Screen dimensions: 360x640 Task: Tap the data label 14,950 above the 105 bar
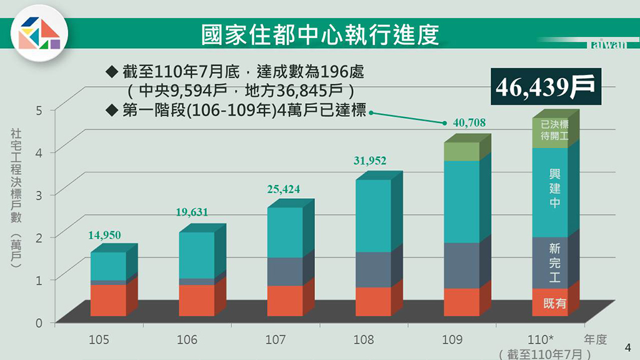pyautogui.click(x=104, y=235)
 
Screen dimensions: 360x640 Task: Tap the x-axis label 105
pyautogui.click(x=99, y=340)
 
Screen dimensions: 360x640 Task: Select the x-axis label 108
pyautogui.click(x=363, y=340)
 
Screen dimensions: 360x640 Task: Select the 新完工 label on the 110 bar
pyautogui.click(x=554, y=262)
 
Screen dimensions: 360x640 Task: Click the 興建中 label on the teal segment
pyautogui.click(x=554, y=188)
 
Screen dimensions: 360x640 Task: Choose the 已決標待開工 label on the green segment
pyautogui.click(x=554, y=129)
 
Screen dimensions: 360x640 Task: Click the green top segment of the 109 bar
pyautogui.click(x=461, y=152)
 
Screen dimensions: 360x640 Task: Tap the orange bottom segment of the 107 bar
pyautogui.click(x=285, y=301)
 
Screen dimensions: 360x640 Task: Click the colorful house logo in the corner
pyautogui.click(x=39, y=32)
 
